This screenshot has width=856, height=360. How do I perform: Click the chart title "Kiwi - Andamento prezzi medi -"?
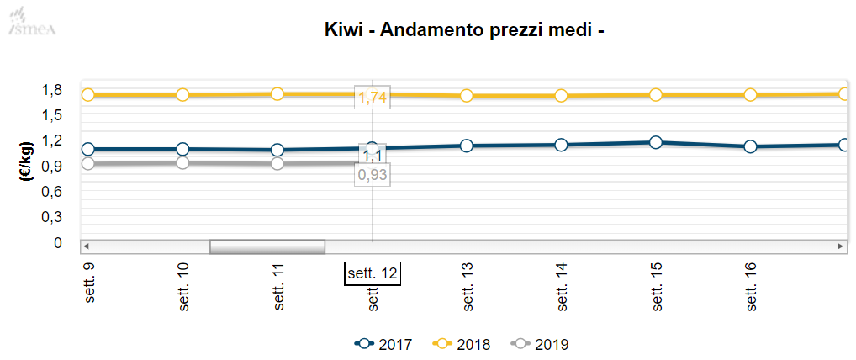tap(464, 30)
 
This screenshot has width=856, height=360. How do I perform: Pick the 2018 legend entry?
tap(461, 344)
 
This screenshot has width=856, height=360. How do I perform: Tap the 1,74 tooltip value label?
tap(373, 97)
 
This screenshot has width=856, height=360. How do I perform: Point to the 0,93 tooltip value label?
tap(373, 174)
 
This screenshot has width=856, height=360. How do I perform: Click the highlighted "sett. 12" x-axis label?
tap(372, 273)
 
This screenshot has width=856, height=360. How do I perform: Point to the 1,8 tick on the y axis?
tap(52, 90)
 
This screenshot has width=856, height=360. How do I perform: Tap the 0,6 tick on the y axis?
tap(52, 192)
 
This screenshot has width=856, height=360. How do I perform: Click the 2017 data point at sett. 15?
tap(656, 142)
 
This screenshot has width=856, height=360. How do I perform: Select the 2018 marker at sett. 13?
tap(466, 96)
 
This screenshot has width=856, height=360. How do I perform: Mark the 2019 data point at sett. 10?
tap(183, 162)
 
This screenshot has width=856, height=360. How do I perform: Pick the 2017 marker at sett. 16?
tap(750, 146)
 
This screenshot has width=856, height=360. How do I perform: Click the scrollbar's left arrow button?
tap(86, 246)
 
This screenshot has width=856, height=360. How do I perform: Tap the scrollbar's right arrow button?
tap(840, 246)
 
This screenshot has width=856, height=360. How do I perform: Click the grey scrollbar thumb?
tap(267, 246)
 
